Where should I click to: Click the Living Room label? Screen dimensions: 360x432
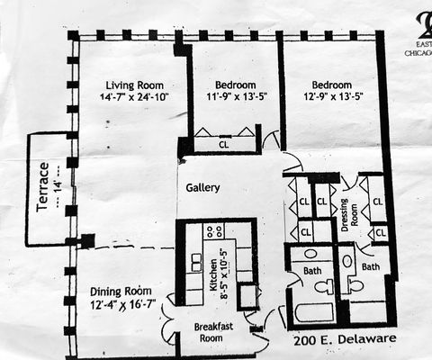(x=127, y=85)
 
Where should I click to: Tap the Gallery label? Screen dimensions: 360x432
(x=203, y=188)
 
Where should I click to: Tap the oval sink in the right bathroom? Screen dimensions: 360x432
(x=347, y=261)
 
